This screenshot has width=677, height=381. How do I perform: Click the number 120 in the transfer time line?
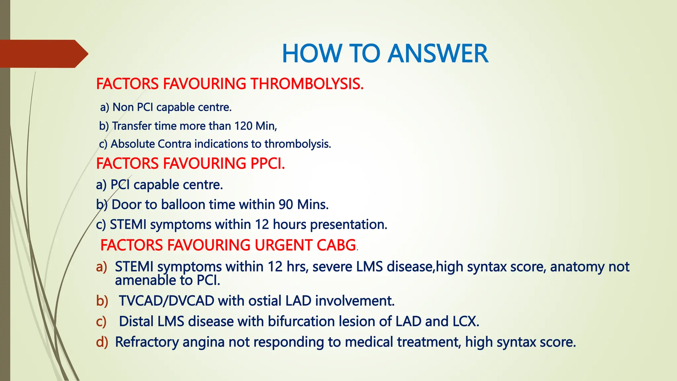[243, 126]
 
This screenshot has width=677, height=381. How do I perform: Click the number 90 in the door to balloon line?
[286, 205]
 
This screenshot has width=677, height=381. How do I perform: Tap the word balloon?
[183, 205]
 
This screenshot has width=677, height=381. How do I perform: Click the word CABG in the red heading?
[336, 245]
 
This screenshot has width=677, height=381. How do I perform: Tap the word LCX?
[465, 321]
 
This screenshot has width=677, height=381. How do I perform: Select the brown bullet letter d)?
[102, 342]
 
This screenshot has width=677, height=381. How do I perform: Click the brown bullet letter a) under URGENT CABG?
[102, 267]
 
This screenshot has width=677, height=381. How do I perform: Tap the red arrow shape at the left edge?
[43, 54]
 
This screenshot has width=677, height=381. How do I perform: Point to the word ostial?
[265, 301]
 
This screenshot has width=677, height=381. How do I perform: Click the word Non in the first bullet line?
[123, 107]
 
